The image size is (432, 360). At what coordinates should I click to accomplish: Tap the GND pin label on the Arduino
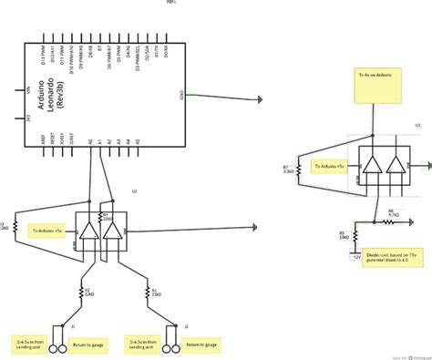pyautogui.click(x=183, y=95)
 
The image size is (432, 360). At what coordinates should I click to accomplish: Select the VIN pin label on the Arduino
pyautogui.click(x=30, y=92)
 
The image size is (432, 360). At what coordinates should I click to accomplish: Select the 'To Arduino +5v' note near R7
pyautogui.click(x=328, y=168)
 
